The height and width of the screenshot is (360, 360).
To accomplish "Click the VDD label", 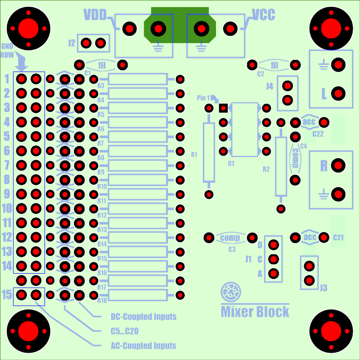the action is coord(95,15).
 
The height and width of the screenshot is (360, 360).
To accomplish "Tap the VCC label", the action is coord(264,15).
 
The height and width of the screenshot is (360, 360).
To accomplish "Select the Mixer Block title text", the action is coord(255,311).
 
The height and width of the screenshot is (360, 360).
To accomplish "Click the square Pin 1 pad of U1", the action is coord(223,108).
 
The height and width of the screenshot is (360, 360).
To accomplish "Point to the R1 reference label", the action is coord(194,155).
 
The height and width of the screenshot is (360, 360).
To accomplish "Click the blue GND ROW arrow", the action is coord(21,61).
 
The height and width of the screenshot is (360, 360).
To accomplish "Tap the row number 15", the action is coord(7,295).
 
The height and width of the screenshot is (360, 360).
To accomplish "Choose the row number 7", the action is coord(7,165).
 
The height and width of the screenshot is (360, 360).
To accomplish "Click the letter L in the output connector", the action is coord(324,94).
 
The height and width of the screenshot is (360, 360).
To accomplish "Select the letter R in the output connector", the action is coord(324,165).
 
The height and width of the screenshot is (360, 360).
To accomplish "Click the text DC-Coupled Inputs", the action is coord(144,317).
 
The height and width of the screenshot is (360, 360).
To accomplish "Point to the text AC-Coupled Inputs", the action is coord(144,346).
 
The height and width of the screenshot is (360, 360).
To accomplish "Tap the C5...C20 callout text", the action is coord(125,331).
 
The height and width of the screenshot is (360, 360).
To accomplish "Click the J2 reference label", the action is coord(72,43).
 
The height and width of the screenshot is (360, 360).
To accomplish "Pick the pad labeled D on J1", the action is coord(274,245).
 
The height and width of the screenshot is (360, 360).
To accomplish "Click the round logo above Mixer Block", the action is coord(231,292).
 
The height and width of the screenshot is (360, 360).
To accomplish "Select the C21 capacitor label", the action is coord(338,238).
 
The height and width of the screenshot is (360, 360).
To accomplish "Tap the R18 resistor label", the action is coord(102,300).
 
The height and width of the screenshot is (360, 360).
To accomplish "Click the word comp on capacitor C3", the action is coord(230,238).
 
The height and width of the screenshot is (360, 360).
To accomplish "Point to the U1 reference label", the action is coord(231,163).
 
